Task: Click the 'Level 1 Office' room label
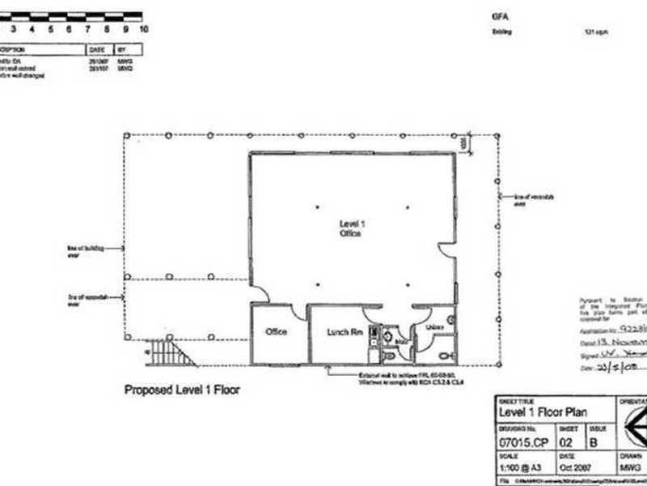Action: click(x=349, y=227)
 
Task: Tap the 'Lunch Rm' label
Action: click(x=342, y=331)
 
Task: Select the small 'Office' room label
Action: click(x=277, y=331)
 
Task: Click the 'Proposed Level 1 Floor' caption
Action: click(x=182, y=390)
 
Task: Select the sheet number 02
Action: click(x=569, y=441)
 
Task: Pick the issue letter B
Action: click(x=595, y=441)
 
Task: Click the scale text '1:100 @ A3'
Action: click(x=519, y=468)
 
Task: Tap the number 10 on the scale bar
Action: click(x=143, y=28)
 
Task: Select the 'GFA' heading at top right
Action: click(x=498, y=15)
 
